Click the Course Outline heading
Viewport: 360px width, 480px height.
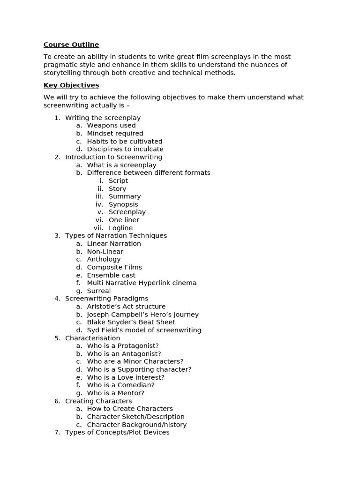tap(71, 45)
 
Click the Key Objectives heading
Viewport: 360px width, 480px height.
tap(71, 85)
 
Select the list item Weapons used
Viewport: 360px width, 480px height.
tap(111, 126)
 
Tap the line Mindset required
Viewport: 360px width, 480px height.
tap(115, 134)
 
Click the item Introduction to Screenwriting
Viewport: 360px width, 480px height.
tap(113, 157)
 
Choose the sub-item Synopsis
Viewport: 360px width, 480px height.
tap(123, 204)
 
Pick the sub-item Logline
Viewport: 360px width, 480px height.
tap(120, 228)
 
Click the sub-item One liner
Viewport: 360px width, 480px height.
tap(124, 220)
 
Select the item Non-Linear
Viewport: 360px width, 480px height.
tap(105, 252)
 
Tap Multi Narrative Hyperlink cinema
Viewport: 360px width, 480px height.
tap(142, 283)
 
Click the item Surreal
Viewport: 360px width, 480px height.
tap(99, 291)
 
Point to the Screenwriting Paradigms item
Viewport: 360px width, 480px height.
tap(106, 299)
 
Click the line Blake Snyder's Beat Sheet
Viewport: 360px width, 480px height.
tap(131, 322)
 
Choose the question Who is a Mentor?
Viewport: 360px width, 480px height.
tap(115, 393)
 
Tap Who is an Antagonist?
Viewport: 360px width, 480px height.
tap(124, 354)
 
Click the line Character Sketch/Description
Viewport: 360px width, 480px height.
tap(135, 417)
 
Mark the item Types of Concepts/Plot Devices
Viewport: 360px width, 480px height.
tap(117, 432)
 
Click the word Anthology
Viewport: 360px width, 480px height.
tap(104, 259)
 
